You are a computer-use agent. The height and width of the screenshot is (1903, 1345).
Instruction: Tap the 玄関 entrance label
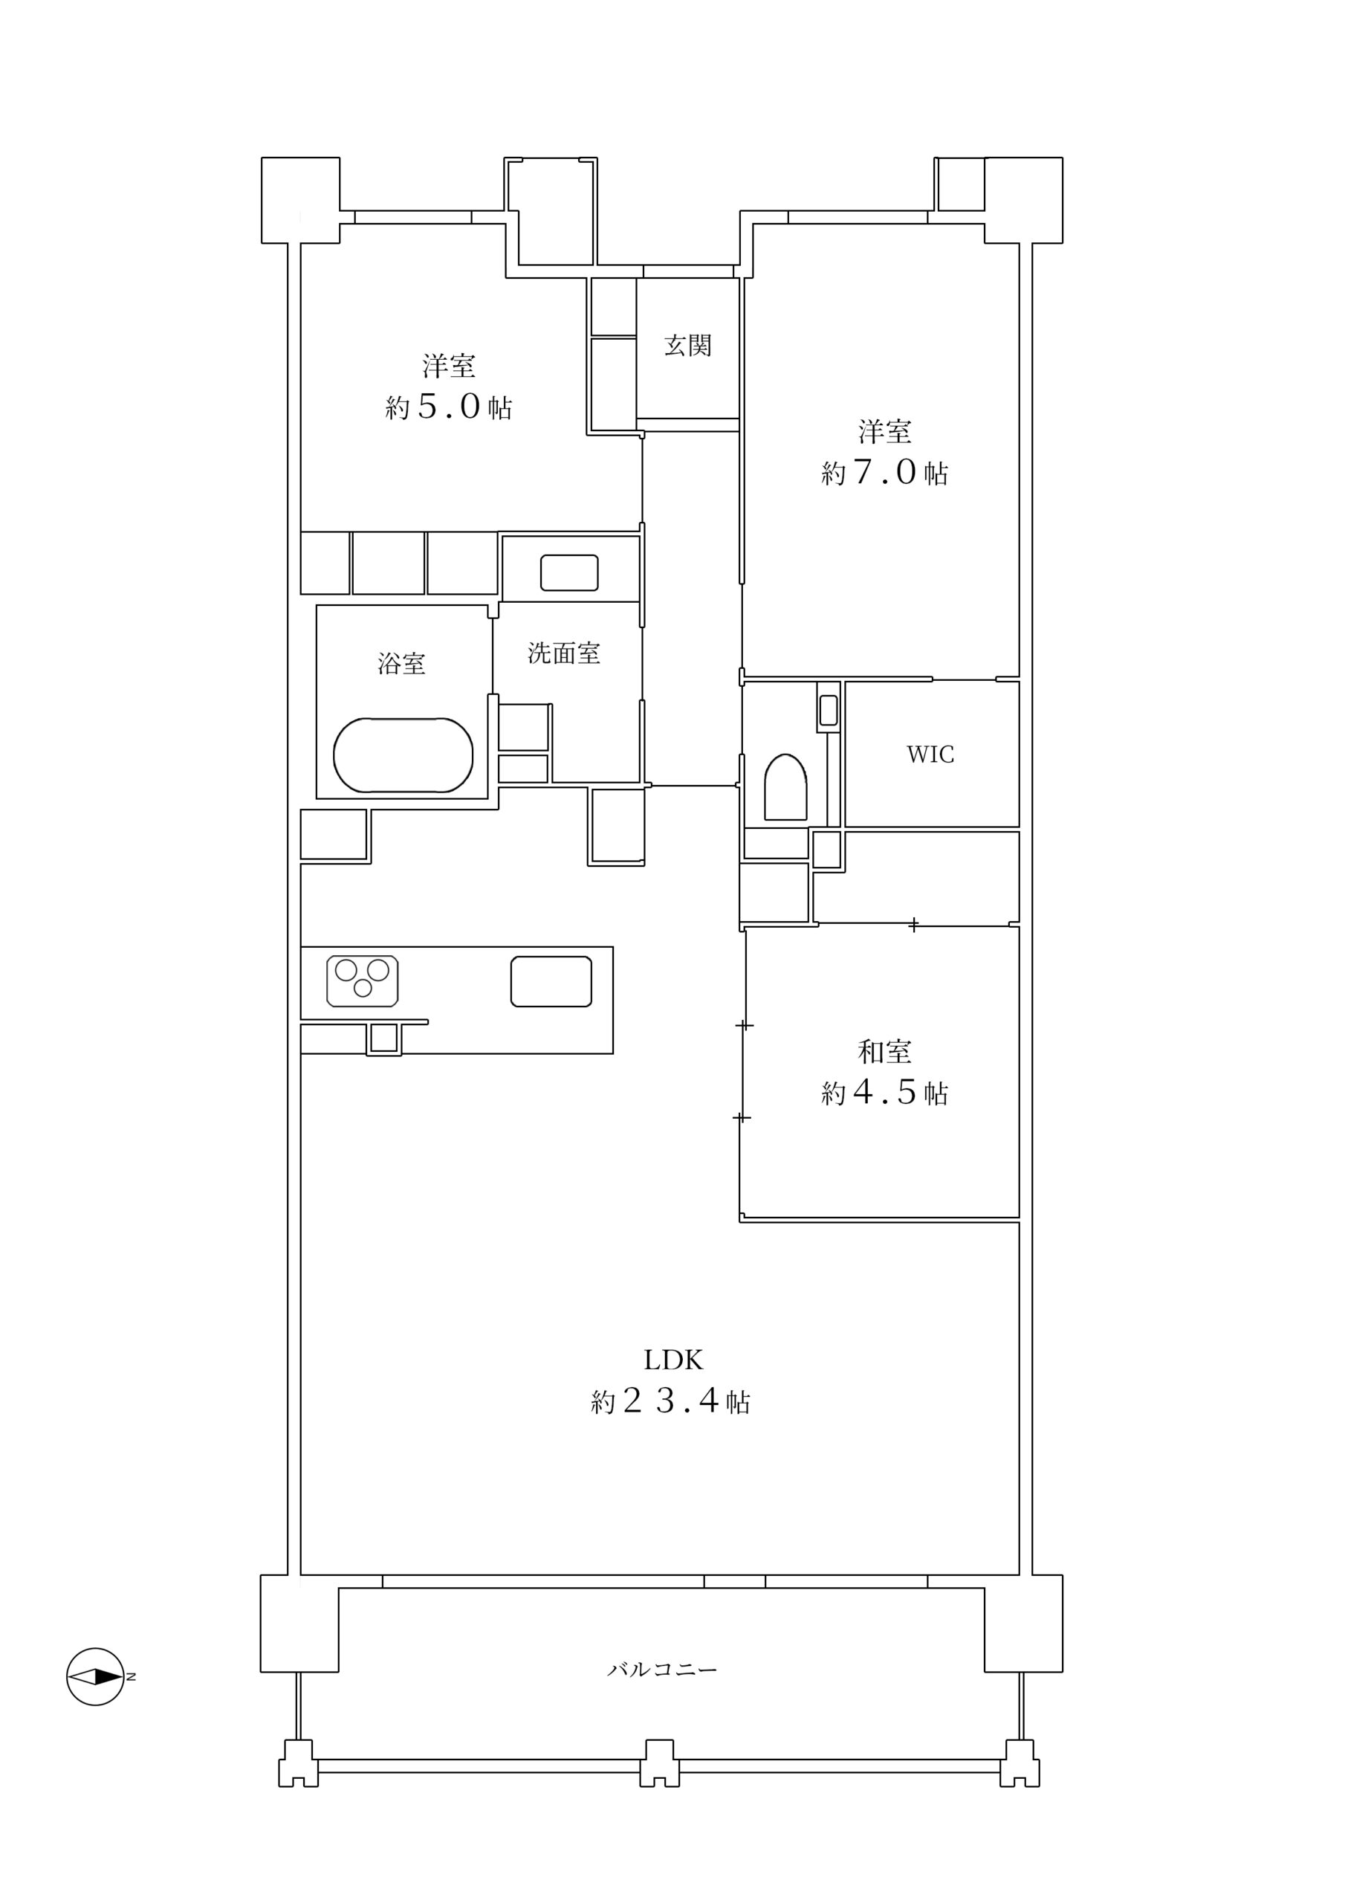687,346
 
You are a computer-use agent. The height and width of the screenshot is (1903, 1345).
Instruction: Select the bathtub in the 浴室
403,755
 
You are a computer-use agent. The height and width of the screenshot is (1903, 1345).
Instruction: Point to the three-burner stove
362,981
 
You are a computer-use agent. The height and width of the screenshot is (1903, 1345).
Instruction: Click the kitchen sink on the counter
551,981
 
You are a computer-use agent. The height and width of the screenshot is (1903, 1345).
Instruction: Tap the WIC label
930,755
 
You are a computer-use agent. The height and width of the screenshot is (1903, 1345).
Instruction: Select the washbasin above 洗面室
569,572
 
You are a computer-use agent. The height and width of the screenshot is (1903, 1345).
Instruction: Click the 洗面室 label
563,653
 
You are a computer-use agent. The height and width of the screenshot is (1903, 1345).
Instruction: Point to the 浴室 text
401,663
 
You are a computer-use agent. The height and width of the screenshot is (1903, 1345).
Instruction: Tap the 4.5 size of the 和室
884,1093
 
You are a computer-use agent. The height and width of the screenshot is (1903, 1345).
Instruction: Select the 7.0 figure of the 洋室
884,473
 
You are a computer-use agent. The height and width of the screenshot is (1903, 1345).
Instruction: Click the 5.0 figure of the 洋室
448,407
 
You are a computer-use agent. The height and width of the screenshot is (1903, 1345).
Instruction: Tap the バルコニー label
662,1670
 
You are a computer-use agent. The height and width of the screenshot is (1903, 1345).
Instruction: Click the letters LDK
673,1360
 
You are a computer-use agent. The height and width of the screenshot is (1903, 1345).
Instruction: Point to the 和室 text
884,1052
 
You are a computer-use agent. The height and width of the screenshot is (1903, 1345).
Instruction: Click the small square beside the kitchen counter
383,1038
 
